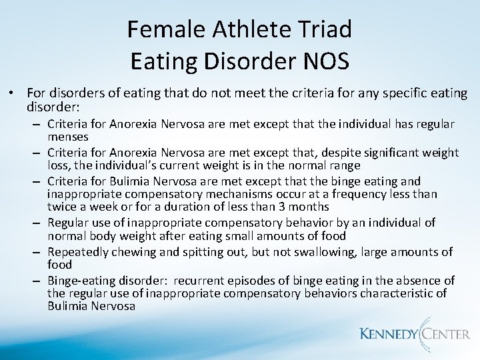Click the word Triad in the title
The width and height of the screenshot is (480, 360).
324,29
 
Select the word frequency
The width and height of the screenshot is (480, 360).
369,193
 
